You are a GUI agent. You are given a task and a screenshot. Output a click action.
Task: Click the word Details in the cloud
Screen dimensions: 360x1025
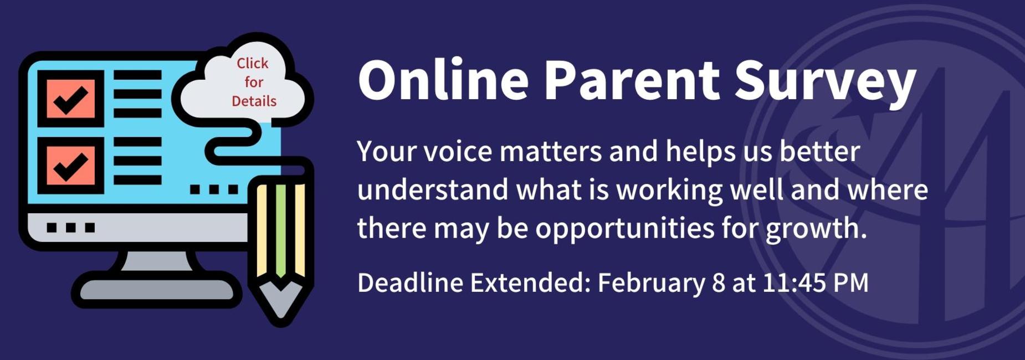click(254, 101)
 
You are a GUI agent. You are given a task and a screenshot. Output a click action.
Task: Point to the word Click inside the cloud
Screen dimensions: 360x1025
click(253, 64)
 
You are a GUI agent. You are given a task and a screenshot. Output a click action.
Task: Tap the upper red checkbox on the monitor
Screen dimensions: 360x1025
click(70, 99)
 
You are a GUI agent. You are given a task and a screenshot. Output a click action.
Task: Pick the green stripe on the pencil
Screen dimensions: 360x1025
click(281, 227)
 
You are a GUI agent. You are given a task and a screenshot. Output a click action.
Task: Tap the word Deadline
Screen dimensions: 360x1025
click(410, 283)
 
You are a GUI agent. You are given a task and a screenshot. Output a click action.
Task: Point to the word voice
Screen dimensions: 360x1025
click(458, 151)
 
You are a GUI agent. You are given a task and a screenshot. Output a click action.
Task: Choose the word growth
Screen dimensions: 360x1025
click(816, 228)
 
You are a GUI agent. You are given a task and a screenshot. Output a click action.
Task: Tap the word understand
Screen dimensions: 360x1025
click(432, 190)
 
